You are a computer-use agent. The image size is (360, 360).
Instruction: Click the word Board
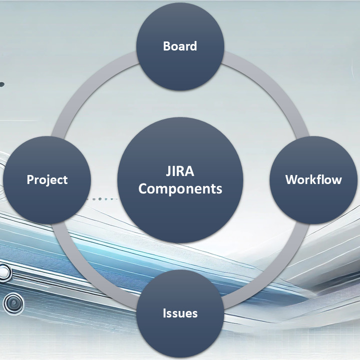pyautogui.click(x=180, y=46)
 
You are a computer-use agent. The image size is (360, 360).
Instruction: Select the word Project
pyautogui.click(x=47, y=180)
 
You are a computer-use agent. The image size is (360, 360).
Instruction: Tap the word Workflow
pyautogui.click(x=314, y=179)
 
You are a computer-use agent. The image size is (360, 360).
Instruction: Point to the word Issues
pyautogui.click(x=180, y=313)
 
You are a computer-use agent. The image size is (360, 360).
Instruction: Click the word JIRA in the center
pyautogui.click(x=180, y=171)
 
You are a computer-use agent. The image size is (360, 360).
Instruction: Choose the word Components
pyautogui.click(x=180, y=189)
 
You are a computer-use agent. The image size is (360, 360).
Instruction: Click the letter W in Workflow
pyautogui.click(x=292, y=180)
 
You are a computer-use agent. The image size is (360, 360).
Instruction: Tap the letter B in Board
pyautogui.click(x=166, y=46)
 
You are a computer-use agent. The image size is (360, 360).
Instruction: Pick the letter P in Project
pyautogui.click(x=30, y=179)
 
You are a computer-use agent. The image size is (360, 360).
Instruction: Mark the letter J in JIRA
pyautogui.click(x=168, y=171)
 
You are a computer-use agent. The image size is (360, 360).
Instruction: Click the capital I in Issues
pyautogui.click(x=164, y=313)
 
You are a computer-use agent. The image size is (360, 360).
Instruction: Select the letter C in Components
pyautogui.click(x=143, y=188)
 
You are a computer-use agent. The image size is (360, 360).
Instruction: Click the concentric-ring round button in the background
pyautogui.click(x=13, y=302)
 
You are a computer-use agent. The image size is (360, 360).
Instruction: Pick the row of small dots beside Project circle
pyautogui.click(x=103, y=199)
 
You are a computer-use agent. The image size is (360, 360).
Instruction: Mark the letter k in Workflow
pyautogui.click(x=312, y=179)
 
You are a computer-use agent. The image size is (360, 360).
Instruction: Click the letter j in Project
pyautogui.click(x=49, y=180)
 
